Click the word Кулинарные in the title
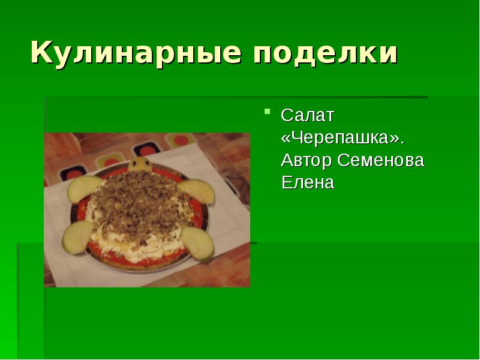point(136,53)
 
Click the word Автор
point(306,160)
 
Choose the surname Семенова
point(380,160)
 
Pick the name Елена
point(308,182)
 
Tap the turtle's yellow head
point(140,164)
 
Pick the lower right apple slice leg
point(198,242)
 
